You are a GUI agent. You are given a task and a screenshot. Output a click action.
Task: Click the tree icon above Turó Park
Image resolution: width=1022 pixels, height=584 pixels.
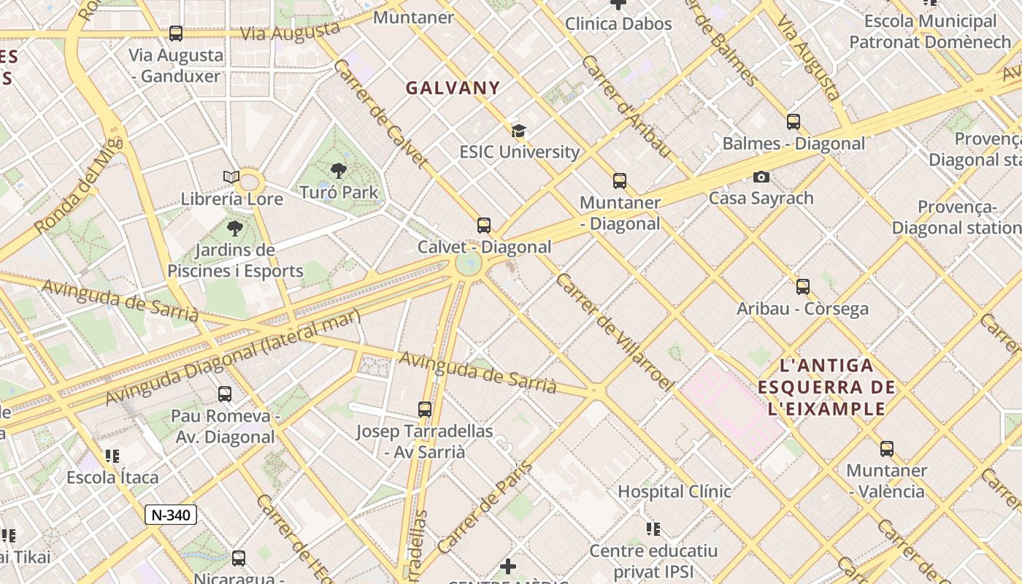338,172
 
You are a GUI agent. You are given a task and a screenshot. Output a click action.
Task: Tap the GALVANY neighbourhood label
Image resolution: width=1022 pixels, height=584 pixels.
453,88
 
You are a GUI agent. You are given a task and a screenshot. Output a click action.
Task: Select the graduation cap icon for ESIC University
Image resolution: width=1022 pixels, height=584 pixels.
518,131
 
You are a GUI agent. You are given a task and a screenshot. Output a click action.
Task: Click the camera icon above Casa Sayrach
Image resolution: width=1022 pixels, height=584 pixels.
761,177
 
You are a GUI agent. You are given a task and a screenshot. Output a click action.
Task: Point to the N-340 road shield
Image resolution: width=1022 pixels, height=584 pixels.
171,515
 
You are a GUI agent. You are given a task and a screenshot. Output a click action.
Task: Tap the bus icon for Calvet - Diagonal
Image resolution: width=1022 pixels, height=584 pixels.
484,226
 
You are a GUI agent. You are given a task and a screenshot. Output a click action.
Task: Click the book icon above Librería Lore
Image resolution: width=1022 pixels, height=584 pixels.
231,177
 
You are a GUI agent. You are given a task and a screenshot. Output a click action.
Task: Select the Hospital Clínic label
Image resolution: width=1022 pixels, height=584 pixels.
674,491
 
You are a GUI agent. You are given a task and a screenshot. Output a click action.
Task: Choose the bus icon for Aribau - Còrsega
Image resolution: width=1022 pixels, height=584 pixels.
803,287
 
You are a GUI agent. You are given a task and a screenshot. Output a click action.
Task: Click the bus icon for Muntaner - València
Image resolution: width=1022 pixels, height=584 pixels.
887,449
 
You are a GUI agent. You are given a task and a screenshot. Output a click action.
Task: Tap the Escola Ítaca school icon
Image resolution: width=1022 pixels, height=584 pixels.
112,456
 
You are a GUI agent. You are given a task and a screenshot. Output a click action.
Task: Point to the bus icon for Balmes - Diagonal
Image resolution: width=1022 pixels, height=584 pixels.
794,122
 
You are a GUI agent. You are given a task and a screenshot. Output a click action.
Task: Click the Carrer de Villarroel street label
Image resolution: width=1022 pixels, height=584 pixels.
614,332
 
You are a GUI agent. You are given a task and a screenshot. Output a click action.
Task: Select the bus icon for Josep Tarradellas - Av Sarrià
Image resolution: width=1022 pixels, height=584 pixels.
425,410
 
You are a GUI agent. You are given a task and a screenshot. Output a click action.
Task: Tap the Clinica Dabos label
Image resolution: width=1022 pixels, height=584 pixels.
618,23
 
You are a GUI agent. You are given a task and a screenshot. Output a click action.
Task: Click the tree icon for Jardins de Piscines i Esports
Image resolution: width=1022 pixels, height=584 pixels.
234,229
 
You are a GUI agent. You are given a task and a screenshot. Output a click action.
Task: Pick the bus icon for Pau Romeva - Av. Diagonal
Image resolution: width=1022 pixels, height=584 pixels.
225,394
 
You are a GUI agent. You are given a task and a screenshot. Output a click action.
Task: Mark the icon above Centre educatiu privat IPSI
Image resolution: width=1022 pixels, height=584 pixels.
653,529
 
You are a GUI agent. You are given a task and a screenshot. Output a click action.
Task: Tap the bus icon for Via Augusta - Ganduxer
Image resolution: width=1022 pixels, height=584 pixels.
176,34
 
